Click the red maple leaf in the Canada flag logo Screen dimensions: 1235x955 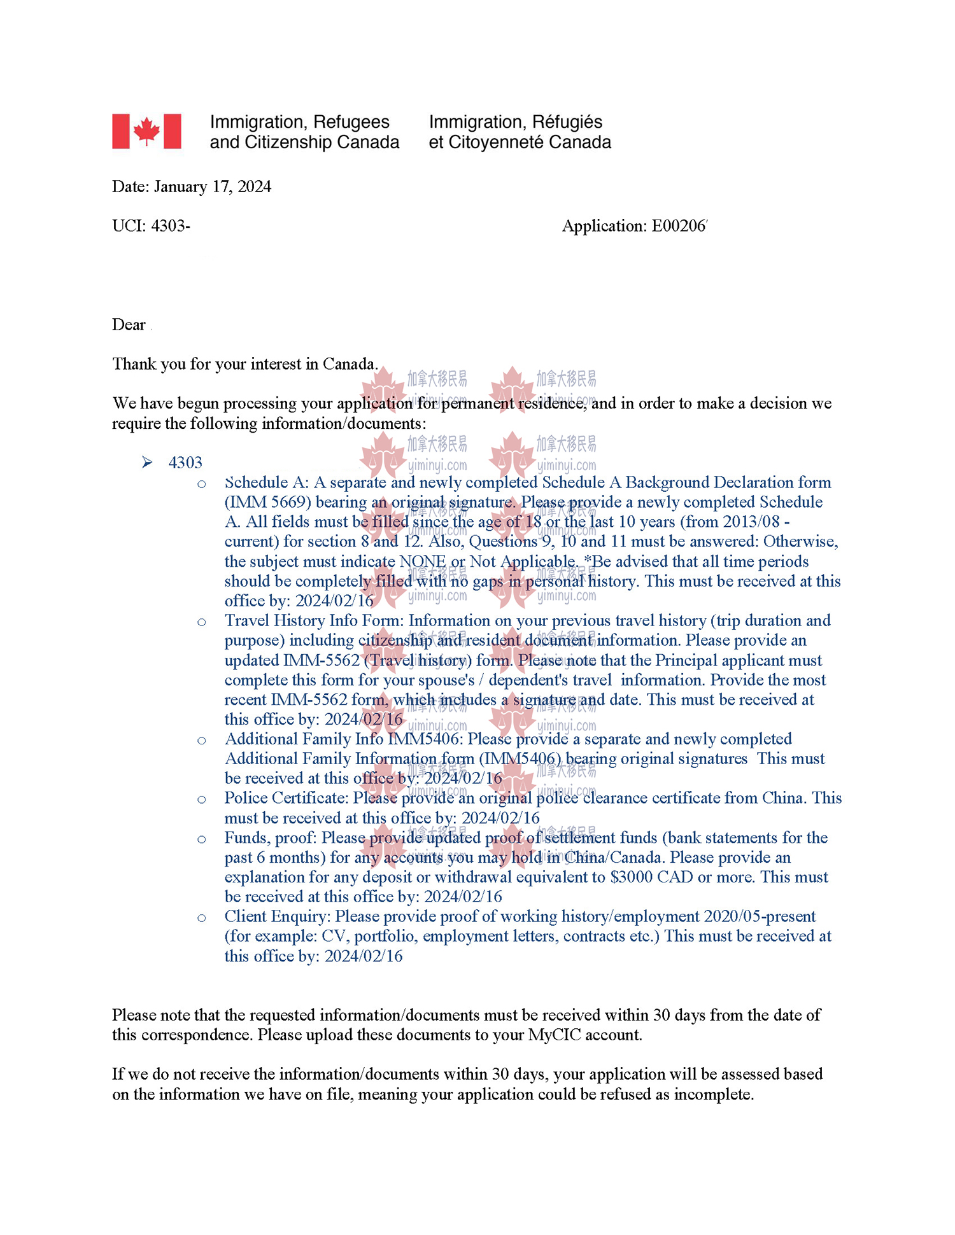click(x=146, y=131)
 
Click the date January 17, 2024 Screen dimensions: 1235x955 click(x=212, y=186)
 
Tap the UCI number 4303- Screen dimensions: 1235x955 click(x=170, y=226)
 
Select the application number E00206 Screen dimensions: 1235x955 click(x=678, y=226)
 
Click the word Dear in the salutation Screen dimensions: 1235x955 click(x=129, y=324)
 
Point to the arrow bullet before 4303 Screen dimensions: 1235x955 click(x=147, y=462)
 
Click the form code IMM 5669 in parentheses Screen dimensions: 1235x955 click(x=267, y=502)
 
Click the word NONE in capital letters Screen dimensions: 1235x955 click(x=422, y=561)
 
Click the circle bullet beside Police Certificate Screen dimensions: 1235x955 click(x=202, y=799)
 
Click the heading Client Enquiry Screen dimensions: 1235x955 click(x=277, y=916)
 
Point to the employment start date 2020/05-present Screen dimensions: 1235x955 click(x=760, y=916)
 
